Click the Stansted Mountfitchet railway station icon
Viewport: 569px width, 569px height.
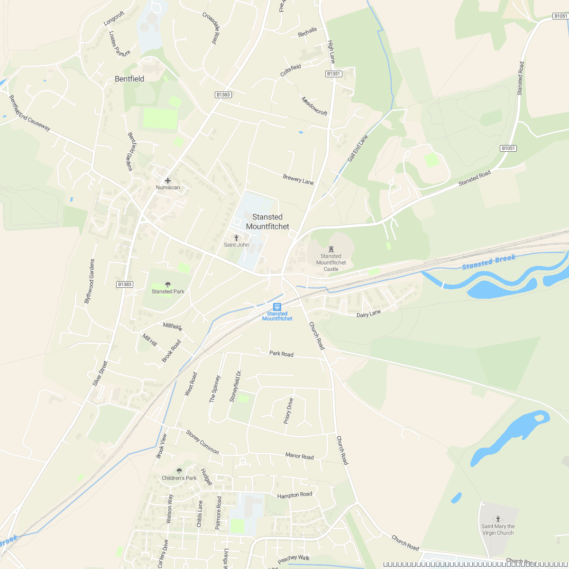(x=277, y=306)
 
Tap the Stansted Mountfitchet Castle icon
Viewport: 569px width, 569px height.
(x=331, y=248)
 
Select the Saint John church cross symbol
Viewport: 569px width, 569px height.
(x=236, y=238)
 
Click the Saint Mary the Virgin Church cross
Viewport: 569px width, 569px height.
(x=498, y=519)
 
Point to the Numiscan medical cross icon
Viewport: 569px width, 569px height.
(x=167, y=181)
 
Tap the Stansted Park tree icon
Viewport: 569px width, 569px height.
(x=168, y=284)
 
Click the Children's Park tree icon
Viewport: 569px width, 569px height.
(x=179, y=471)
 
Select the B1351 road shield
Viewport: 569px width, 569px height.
(x=334, y=74)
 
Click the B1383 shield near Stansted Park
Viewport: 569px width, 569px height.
(x=125, y=284)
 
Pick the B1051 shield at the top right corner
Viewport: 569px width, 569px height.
(x=560, y=16)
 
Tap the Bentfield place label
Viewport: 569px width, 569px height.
(x=129, y=79)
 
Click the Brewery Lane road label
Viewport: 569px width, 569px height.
(x=298, y=180)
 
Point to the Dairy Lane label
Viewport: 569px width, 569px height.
(x=368, y=314)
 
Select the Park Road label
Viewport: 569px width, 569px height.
(x=281, y=354)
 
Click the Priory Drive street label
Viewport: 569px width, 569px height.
(x=289, y=411)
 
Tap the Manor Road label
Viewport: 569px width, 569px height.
(x=299, y=456)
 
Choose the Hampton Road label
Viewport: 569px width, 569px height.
(x=294, y=495)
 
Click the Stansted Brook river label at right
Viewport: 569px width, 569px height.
(x=488, y=262)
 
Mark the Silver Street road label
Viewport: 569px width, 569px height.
(x=101, y=373)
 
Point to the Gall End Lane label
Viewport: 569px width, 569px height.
(x=358, y=148)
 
